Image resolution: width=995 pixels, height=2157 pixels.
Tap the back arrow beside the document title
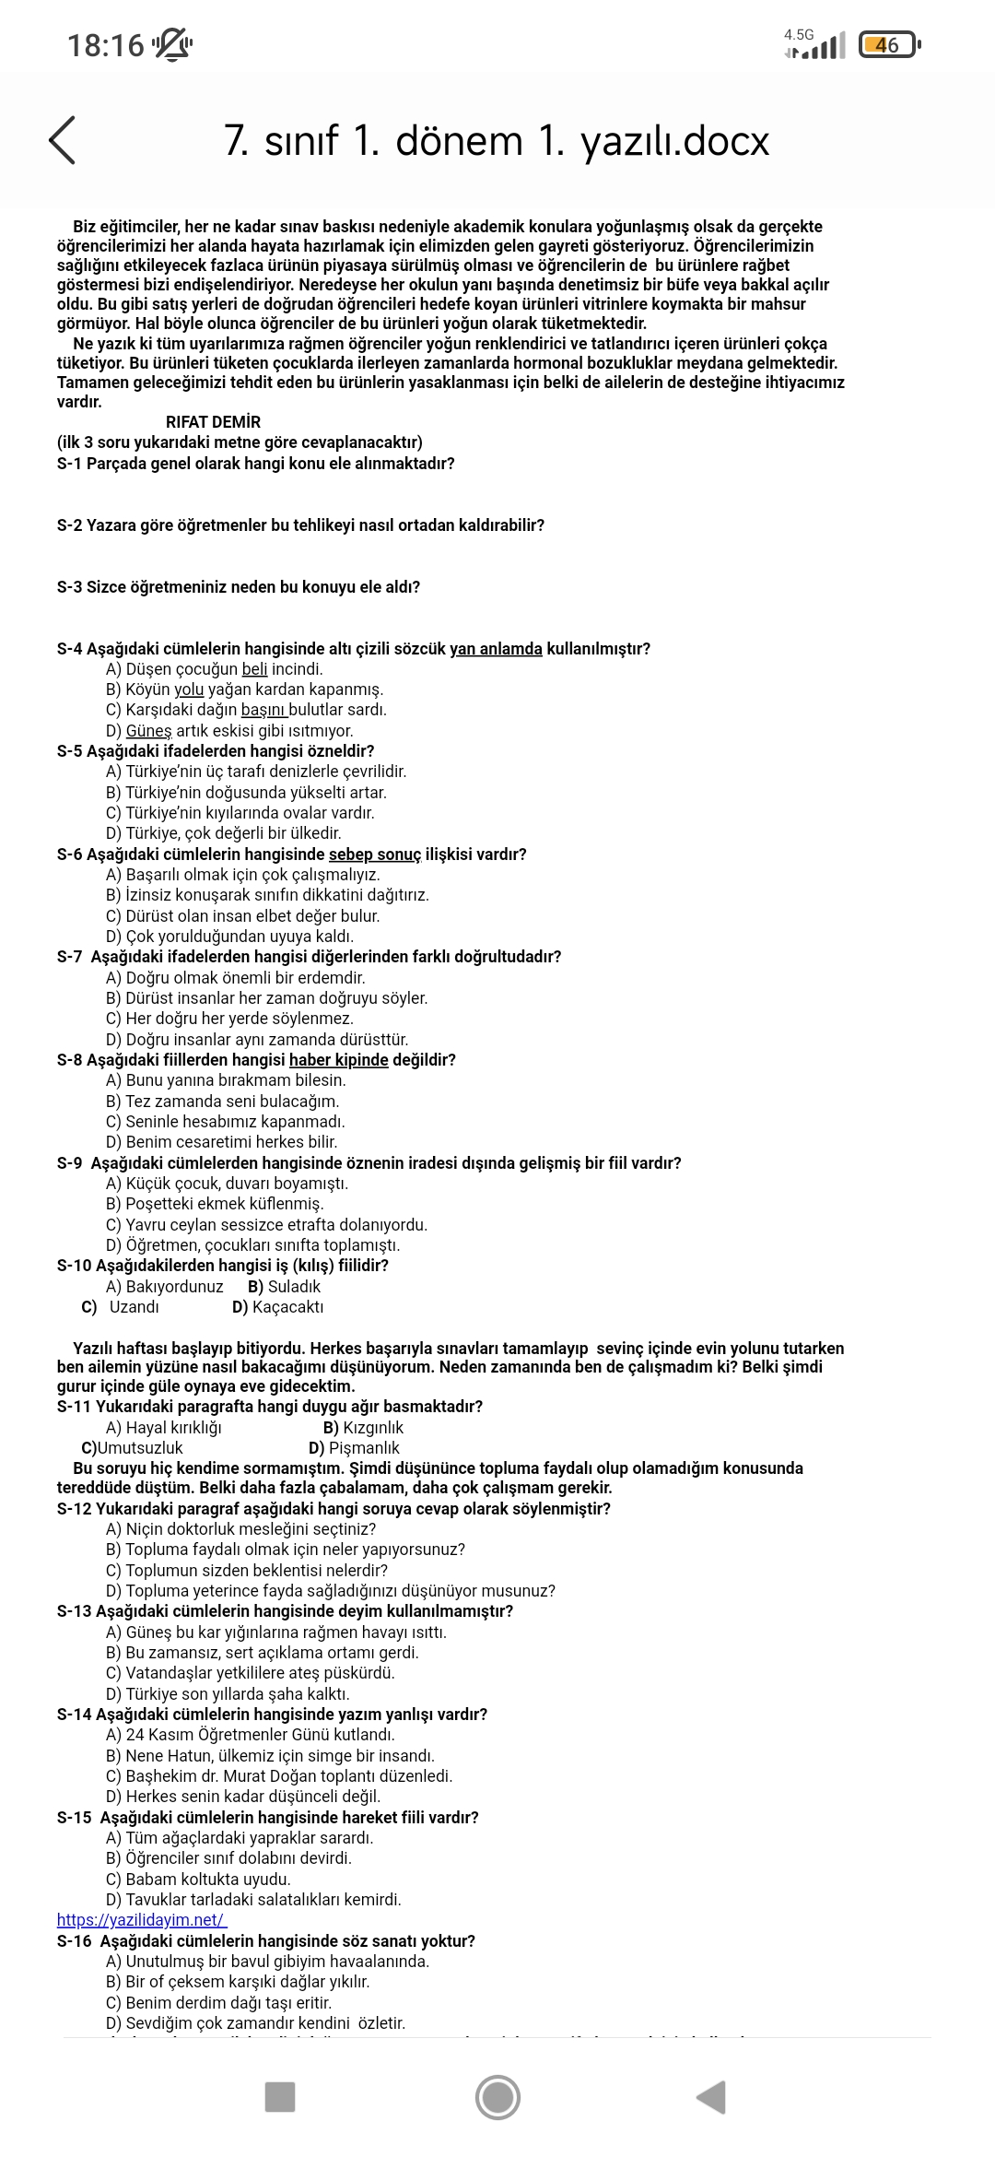pyautogui.click(x=62, y=140)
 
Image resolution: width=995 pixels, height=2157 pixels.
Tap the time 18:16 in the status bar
pyautogui.click(x=106, y=44)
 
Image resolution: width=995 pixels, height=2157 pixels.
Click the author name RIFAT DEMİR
pyautogui.click(x=213, y=422)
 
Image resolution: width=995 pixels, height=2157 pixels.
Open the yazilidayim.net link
pyautogui.click(x=141, y=1920)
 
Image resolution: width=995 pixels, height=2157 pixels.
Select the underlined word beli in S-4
pyautogui.click(x=254, y=669)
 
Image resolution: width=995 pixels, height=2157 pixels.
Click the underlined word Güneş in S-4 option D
pyautogui.click(x=148, y=731)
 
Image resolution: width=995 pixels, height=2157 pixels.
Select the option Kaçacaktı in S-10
pyautogui.click(x=287, y=1307)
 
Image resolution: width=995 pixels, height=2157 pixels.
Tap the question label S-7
pyautogui.click(x=69, y=957)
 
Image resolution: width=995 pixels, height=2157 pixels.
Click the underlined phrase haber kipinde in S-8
pyautogui.click(x=338, y=1060)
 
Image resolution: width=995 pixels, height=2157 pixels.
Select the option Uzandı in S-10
pyautogui.click(x=134, y=1307)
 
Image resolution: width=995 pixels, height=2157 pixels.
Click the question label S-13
pyautogui.click(x=74, y=1611)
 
